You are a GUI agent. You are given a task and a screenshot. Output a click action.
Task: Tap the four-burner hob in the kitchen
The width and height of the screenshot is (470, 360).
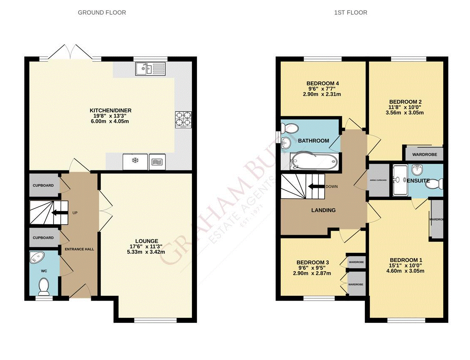point(183,119)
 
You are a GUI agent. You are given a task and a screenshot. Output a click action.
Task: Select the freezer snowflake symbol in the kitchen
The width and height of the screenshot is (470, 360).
point(135,161)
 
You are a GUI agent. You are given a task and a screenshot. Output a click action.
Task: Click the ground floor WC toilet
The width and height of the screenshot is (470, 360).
point(44,287)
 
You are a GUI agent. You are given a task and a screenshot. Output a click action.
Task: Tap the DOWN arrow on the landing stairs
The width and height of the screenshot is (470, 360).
point(317,187)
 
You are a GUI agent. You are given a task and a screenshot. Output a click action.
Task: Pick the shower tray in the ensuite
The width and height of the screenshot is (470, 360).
point(399,180)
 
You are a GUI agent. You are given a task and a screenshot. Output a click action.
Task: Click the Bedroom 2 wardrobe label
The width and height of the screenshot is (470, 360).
point(424,154)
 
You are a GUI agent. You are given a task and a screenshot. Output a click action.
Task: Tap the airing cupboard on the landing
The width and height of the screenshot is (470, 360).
point(378,180)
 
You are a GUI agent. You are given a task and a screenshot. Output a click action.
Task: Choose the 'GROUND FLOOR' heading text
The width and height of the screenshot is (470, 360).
point(102,13)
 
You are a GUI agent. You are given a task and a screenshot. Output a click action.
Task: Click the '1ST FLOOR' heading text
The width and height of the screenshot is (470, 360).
point(350,13)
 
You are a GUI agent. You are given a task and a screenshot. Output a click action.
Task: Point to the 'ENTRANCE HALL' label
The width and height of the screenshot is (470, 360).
point(79,249)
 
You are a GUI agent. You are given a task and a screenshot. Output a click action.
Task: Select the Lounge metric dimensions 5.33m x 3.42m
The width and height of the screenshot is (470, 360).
point(146,252)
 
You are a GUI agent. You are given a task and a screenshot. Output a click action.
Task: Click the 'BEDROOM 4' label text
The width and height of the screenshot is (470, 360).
point(322,83)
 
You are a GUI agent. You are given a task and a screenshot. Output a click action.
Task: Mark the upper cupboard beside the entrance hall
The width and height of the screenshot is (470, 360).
point(44,185)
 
